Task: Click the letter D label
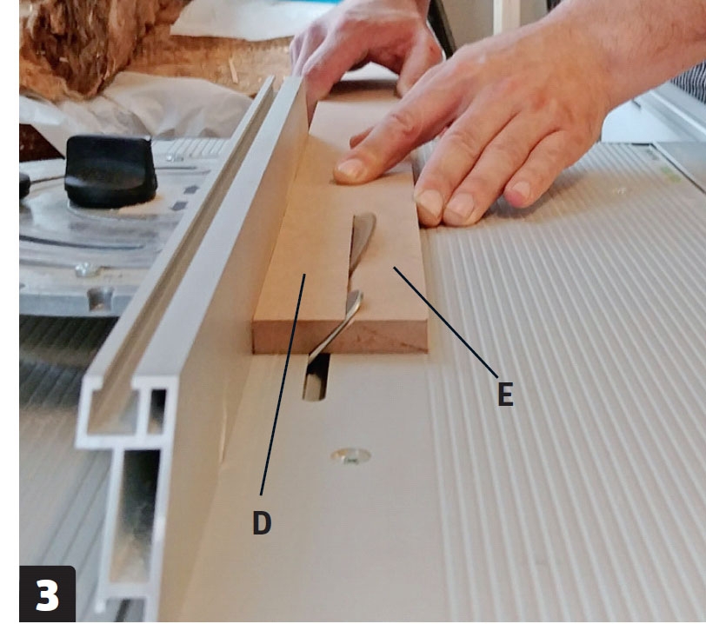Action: [x=262, y=522]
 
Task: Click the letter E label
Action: [x=505, y=394]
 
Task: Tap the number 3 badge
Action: [x=47, y=594]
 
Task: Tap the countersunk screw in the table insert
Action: [x=350, y=456]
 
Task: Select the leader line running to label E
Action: [x=446, y=322]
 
